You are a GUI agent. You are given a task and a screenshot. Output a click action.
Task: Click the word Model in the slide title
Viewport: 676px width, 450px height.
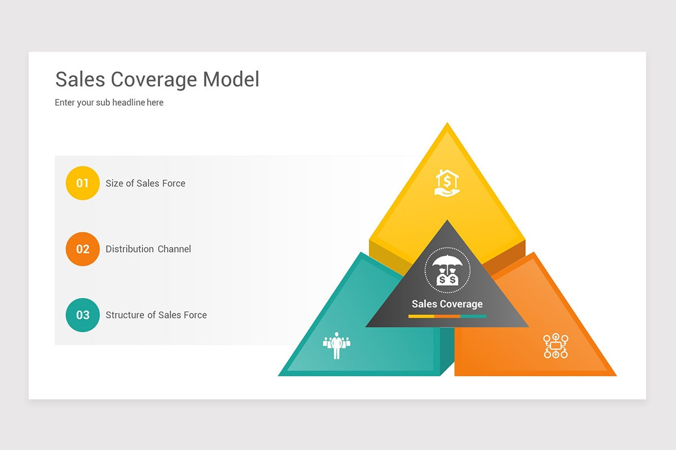[x=231, y=79]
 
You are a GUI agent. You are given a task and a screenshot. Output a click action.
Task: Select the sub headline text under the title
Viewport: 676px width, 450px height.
[x=109, y=102]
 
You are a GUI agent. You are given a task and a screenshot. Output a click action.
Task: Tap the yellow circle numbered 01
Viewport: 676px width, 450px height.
[x=83, y=183]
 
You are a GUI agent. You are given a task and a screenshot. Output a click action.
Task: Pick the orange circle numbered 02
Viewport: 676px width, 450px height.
[x=83, y=249]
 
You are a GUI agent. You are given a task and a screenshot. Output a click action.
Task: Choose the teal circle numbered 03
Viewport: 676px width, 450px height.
[x=83, y=315]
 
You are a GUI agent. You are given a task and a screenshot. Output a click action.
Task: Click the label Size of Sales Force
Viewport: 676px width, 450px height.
[x=145, y=183]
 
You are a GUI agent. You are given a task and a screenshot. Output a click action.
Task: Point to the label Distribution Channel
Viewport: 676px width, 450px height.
[x=148, y=249]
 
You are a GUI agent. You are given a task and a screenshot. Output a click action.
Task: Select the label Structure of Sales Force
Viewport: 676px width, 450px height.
[x=156, y=315]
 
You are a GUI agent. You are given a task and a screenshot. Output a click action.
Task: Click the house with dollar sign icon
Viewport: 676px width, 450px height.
[x=447, y=183]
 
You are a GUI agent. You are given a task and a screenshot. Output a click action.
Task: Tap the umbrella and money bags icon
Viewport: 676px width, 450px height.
[x=447, y=271]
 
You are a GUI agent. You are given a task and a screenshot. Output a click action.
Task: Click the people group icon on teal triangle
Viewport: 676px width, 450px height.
[x=336, y=345]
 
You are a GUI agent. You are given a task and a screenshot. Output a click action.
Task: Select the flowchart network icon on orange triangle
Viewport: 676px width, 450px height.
[x=555, y=346]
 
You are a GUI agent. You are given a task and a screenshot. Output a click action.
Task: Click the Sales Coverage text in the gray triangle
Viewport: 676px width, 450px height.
[x=447, y=304]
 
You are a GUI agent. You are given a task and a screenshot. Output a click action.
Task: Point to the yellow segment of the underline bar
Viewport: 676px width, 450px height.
[x=421, y=317]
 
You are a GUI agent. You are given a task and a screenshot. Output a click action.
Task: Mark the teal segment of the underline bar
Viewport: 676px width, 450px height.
[x=473, y=317]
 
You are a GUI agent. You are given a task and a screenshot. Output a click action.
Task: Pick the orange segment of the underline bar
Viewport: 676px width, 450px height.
[x=447, y=317]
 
